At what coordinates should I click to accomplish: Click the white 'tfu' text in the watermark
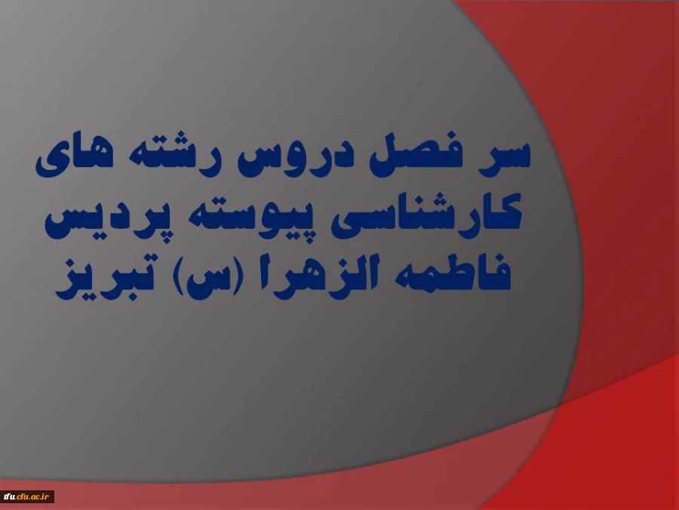pos(10,496)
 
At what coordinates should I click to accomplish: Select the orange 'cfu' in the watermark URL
pos(24,496)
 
